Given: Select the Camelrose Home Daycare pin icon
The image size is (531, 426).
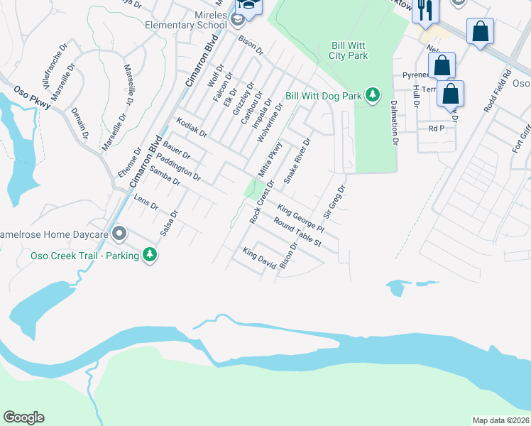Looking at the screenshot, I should (x=119, y=234).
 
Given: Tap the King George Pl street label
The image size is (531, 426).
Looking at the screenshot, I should (x=300, y=219).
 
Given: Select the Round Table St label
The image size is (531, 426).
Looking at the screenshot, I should (x=297, y=232).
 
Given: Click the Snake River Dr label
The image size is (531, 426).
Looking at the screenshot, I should (x=297, y=161).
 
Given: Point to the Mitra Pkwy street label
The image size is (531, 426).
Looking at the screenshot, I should (x=270, y=160).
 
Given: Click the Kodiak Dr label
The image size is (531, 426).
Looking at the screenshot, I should (x=192, y=128).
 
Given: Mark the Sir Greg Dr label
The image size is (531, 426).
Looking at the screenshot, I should (x=334, y=202).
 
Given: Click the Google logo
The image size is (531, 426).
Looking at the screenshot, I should (x=24, y=417).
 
